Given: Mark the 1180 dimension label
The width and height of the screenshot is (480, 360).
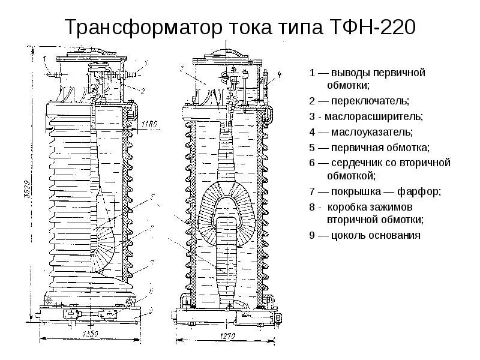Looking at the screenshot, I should [151, 124].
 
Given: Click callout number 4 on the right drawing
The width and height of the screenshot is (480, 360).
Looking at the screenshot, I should [280, 74].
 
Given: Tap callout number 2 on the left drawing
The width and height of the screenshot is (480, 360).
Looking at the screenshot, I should [143, 91].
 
